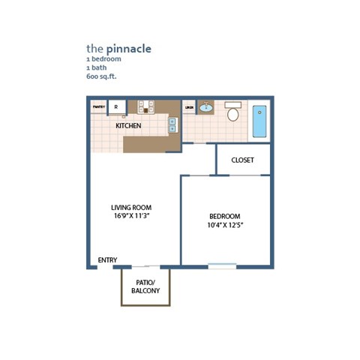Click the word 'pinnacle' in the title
click(128, 49)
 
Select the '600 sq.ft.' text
click(101, 76)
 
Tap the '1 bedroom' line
click(103, 58)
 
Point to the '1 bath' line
click(96, 67)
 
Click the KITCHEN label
click(128, 126)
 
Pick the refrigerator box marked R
click(116, 107)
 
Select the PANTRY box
click(98, 107)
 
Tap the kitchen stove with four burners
click(145, 107)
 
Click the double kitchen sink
click(172, 124)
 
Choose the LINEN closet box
click(189, 107)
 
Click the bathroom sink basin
click(206, 108)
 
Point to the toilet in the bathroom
click(232, 113)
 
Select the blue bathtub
click(259, 121)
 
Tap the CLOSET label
click(242, 160)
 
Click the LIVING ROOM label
click(131, 208)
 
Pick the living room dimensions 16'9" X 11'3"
click(131, 217)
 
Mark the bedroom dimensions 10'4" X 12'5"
click(225, 225)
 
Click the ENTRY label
click(107, 260)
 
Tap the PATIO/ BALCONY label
click(145, 286)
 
